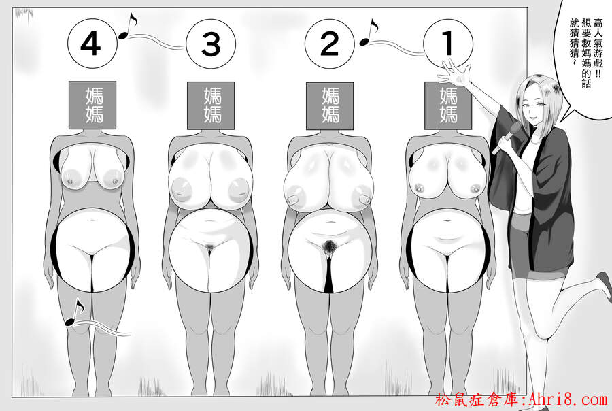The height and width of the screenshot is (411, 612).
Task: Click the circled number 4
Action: coord(92,44)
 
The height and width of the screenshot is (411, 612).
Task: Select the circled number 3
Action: coord(211,44)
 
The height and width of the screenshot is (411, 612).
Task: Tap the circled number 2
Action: coord(329,44)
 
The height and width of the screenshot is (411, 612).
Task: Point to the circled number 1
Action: coord(448,44)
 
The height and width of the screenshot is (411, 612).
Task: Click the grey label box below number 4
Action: coord(92,105)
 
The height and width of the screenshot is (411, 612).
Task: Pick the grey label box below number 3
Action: coord(211,105)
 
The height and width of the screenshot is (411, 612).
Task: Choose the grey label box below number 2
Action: coord(330,105)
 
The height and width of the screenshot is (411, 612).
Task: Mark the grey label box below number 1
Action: coord(447,105)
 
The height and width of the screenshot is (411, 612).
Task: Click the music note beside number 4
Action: coord(128,26)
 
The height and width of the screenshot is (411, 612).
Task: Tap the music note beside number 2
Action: coord(369,32)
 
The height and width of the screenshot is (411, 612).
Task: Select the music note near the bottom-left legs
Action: coord(74,312)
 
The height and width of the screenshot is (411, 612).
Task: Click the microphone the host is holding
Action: coord(506,137)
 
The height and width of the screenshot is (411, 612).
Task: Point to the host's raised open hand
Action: coord(455,73)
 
